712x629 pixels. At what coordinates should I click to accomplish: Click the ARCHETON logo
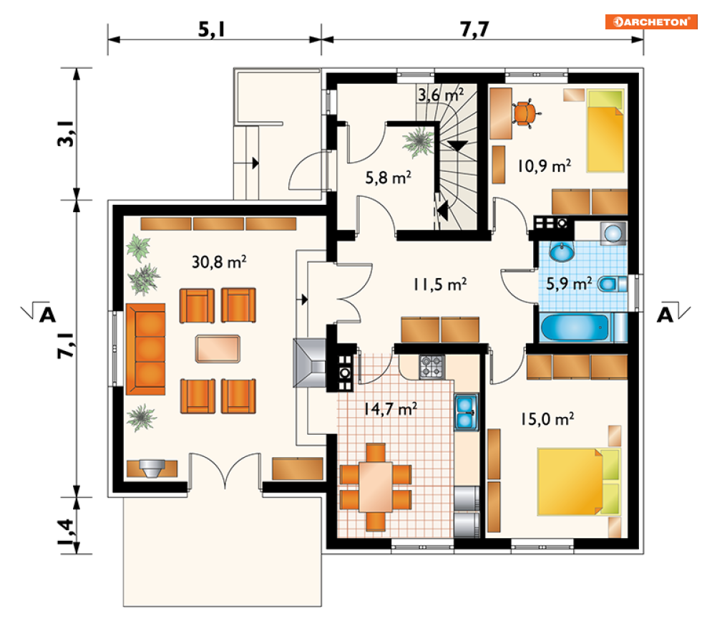(651, 21)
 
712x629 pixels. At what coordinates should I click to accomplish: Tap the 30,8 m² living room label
(219, 261)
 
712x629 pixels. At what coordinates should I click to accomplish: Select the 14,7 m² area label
(391, 409)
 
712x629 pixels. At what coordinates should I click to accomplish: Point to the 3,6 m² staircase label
(441, 95)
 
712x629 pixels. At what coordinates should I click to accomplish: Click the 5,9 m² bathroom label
(569, 284)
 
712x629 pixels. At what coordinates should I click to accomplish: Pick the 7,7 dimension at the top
(474, 29)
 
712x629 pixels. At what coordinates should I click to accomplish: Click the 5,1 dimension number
(212, 29)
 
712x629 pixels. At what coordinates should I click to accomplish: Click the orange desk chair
(526, 112)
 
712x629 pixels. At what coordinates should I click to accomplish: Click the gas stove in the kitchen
(431, 367)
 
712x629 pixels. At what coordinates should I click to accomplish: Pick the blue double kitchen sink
(467, 412)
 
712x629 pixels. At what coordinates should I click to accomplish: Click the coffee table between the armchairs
(218, 349)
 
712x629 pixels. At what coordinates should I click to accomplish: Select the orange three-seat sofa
(145, 349)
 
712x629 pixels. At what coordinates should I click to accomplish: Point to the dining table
(376, 486)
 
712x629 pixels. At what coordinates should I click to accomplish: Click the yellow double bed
(578, 481)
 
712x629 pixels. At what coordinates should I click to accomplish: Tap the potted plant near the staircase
(418, 142)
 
